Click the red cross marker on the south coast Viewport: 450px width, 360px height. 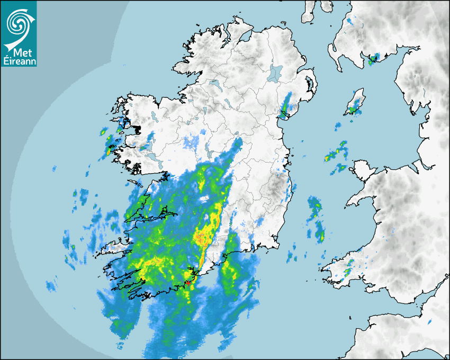(x=188, y=283)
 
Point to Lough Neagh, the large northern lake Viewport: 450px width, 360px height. (x=275, y=73)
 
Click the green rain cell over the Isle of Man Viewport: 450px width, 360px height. (x=352, y=110)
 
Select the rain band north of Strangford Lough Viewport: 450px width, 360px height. (x=287, y=105)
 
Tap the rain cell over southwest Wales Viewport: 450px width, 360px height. (x=347, y=272)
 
